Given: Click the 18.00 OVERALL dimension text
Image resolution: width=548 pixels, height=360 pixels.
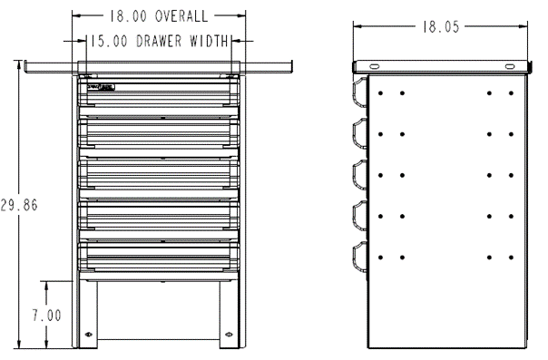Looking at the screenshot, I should click(159, 16).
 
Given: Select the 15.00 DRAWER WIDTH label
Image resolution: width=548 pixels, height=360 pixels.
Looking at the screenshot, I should click(159, 41).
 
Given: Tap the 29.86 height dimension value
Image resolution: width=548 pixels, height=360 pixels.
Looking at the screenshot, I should click(18, 205).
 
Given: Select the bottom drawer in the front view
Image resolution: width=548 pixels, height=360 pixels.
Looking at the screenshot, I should click(159, 255).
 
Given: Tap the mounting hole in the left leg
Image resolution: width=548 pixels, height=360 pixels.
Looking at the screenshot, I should click(89, 334).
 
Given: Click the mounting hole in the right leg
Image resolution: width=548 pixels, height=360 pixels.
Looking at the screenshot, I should click(228, 334).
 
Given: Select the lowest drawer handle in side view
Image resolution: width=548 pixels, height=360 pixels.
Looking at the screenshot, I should click(360, 258).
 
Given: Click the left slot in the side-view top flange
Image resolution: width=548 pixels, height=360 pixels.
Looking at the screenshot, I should click(372, 66).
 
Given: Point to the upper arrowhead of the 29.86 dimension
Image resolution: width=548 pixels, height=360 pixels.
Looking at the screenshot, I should click(18, 65).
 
